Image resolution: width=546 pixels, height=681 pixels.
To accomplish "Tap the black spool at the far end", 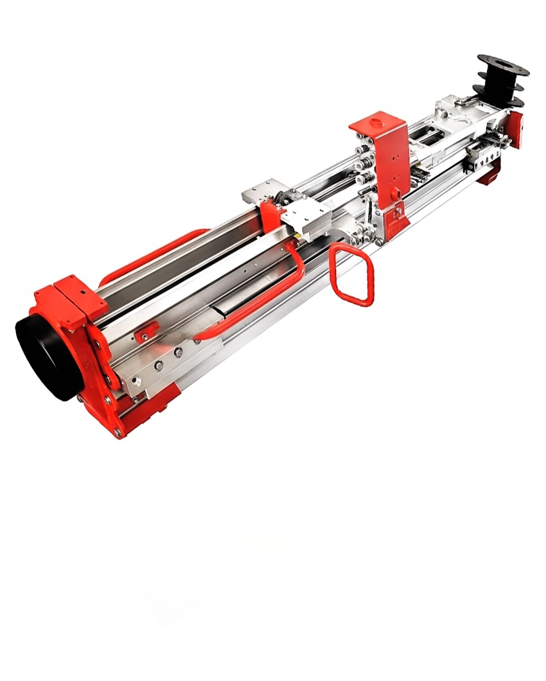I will tap(502, 82).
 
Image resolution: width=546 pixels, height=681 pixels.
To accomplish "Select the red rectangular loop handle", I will tap(351, 275).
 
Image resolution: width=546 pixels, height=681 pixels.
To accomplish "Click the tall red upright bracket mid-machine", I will tap(385, 161).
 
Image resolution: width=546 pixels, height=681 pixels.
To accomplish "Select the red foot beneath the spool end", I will tap(489, 172).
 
